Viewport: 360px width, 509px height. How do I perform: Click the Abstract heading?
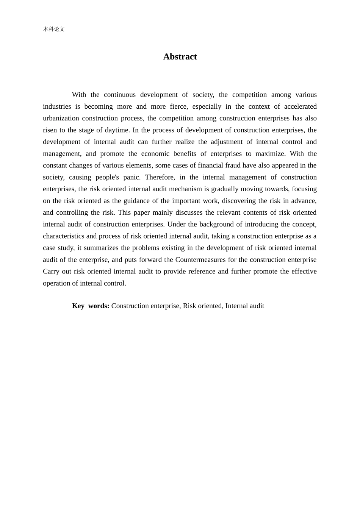tap(180, 57)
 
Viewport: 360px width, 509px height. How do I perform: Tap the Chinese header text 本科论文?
tap(54, 29)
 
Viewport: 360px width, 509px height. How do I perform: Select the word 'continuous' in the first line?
tap(120, 95)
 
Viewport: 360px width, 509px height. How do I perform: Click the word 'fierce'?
tap(178, 106)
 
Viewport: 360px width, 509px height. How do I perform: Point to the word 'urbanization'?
tap(61, 118)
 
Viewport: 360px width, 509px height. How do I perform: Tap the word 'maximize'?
tap(271, 153)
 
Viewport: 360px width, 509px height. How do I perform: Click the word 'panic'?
tap(131, 177)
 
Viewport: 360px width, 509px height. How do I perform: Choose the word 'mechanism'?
tap(184, 189)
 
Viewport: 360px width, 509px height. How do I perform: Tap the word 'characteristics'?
tap(63, 236)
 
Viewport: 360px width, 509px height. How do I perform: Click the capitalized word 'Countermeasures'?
tap(200, 259)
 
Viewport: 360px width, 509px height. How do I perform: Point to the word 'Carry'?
tap(51, 272)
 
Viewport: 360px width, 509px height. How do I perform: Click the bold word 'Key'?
tap(78, 306)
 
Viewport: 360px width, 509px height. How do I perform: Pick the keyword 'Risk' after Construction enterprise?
tap(190, 306)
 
